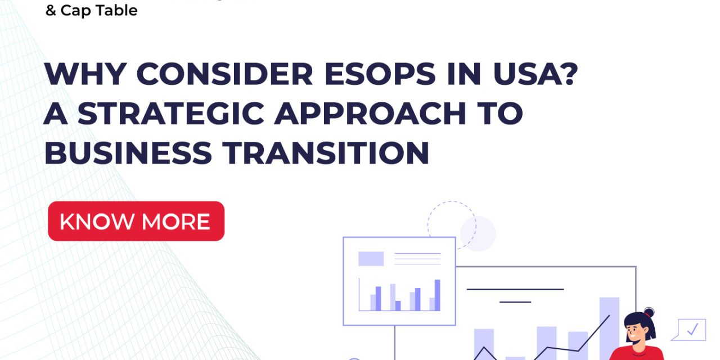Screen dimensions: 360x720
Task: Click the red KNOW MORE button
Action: click(x=136, y=221)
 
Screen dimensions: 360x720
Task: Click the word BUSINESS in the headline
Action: click(x=128, y=152)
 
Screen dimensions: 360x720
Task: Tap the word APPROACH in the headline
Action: click(x=368, y=113)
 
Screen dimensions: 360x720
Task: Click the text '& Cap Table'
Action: click(x=92, y=10)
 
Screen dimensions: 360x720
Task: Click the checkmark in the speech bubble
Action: click(x=692, y=330)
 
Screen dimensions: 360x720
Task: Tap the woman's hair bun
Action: click(x=649, y=312)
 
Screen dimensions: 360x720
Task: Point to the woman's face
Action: click(x=638, y=331)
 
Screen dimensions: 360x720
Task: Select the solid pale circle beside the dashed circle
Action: click(x=478, y=233)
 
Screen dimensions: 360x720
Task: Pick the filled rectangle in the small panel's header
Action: click(x=371, y=259)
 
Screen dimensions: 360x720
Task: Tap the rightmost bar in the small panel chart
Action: click(x=437, y=295)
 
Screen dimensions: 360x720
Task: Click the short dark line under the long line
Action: click(x=515, y=302)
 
